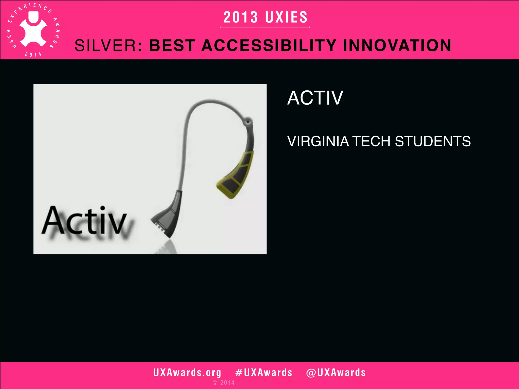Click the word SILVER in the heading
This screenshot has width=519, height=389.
(x=106, y=46)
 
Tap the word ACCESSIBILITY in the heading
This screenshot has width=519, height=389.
(x=269, y=46)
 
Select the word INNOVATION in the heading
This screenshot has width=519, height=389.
(x=397, y=46)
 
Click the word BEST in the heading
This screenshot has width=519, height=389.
(x=172, y=46)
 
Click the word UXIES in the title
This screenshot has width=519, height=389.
(x=286, y=17)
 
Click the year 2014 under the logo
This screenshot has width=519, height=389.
(x=33, y=54)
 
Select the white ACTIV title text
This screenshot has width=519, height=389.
(x=315, y=98)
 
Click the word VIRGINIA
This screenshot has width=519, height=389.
(x=318, y=141)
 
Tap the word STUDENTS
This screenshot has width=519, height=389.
(x=433, y=141)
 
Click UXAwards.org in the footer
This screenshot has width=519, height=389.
(x=187, y=373)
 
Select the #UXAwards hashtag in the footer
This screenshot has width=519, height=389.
(x=264, y=373)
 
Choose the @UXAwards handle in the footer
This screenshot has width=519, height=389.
(x=336, y=373)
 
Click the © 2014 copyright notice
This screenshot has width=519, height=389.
(x=224, y=383)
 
